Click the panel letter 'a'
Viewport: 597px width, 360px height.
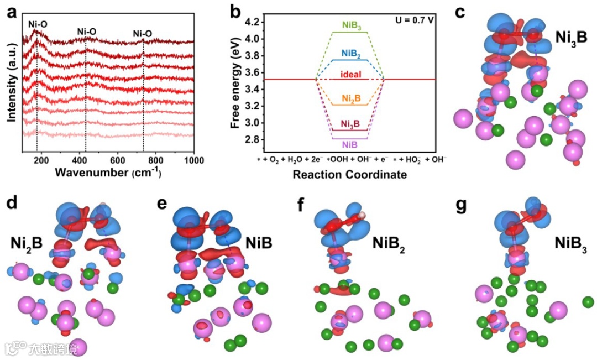point(11,12)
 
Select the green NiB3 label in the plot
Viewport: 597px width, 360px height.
point(352,25)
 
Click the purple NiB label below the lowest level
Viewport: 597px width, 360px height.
point(349,144)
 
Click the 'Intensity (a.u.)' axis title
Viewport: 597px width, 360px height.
point(10,82)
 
